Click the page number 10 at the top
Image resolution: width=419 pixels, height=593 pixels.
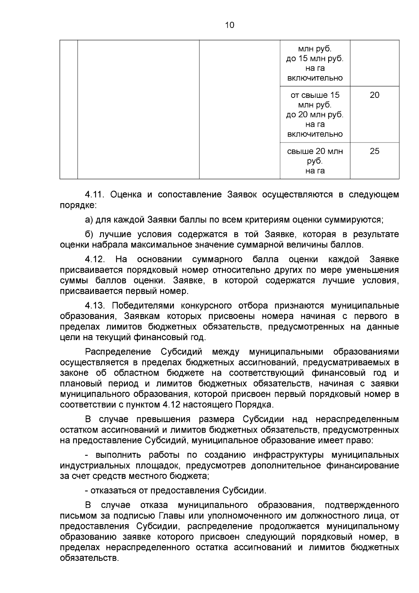[x=230, y=25]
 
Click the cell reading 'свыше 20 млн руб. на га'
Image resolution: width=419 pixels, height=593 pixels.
[x=315, y=161]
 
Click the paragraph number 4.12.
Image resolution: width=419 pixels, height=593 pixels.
[x=95, y=259]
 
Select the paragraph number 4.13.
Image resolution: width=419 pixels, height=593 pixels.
[x=95, y=306]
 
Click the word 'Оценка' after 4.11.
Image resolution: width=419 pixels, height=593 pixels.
[x=126, y=195]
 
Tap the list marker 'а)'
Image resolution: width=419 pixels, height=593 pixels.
[x=89, y=220]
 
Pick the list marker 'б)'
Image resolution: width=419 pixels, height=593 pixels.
[x=89, y=234]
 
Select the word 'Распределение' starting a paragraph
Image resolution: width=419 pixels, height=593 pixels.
[x=118, y=352]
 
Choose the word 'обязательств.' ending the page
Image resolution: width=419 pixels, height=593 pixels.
[x=89, y=558]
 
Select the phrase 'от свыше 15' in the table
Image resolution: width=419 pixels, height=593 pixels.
[x=315, y=95]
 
